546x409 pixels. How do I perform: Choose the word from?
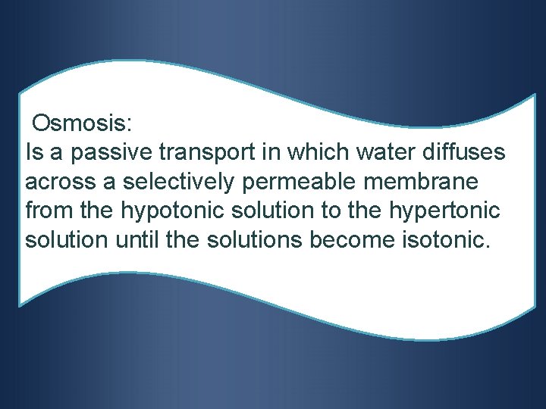46,211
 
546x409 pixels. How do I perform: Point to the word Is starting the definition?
33,152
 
